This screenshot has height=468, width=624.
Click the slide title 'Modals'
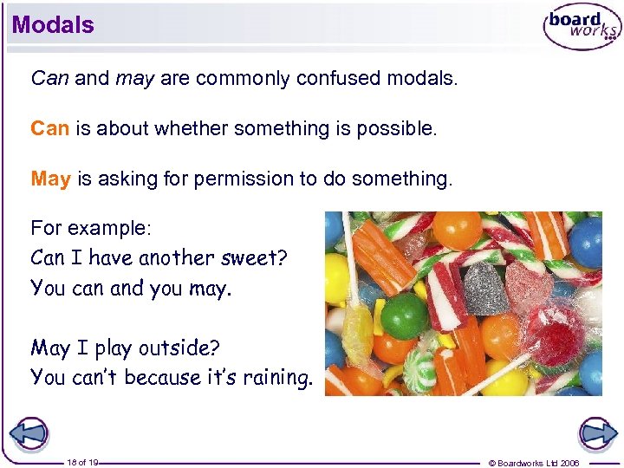pyautogui.click(x=53, y=25)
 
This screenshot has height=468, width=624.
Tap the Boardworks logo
pyautogui.click(x=581, y=29)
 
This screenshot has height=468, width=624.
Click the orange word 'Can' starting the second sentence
pyautogui.click(x=49, y=129)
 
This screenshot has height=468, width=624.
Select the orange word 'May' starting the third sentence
pyautogui.click(x=50, y=179)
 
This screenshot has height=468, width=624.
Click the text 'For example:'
pyautogui.click(x=91, y=228)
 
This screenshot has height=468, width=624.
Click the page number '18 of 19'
pyautogui.click(x=83, y=463)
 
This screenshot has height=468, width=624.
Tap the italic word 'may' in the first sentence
pyautogui.click(x=133, y=79)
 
